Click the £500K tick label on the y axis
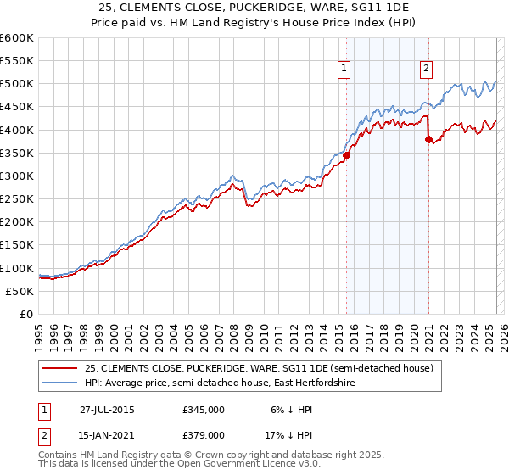[x=16, y=84]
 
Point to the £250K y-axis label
[x=16, y=199]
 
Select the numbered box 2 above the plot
[x=426, y=70]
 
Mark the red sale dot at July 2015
[x=346, y=155]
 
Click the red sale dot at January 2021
[x=428, y=140]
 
